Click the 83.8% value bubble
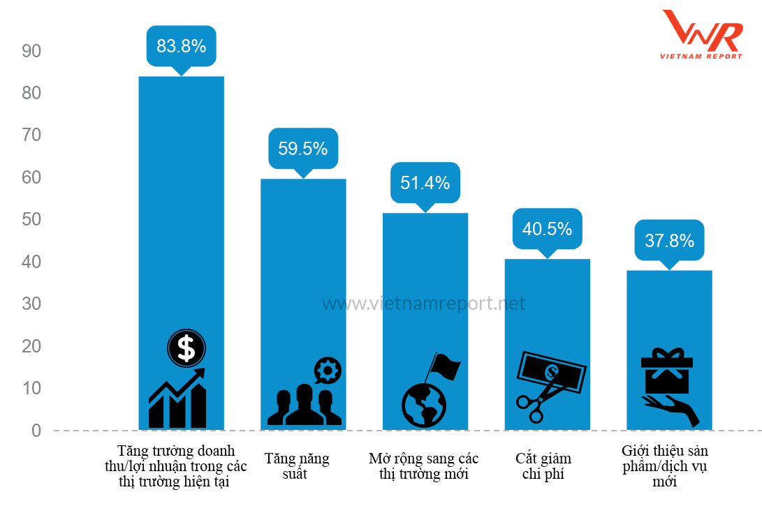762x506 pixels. click(181, 46)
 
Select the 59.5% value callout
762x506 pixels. click(303, 148)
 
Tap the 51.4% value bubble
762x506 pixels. click(425, 183)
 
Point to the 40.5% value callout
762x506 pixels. click(547, 228)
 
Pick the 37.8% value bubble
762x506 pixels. click(669, 241)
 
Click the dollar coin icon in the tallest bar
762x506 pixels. click(186, 348)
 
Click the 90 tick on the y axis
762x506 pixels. click(32, 51)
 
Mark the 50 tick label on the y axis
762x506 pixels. click(32, 220)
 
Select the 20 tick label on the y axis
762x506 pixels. click(32, 346)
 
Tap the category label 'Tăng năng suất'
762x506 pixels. click(297, 466)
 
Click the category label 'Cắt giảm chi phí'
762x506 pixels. click(543, 466)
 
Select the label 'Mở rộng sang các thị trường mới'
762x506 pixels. click(424, 466)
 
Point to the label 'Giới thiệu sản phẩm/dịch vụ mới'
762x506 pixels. click(665, 466)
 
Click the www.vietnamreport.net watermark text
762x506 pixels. click(423, 304)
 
